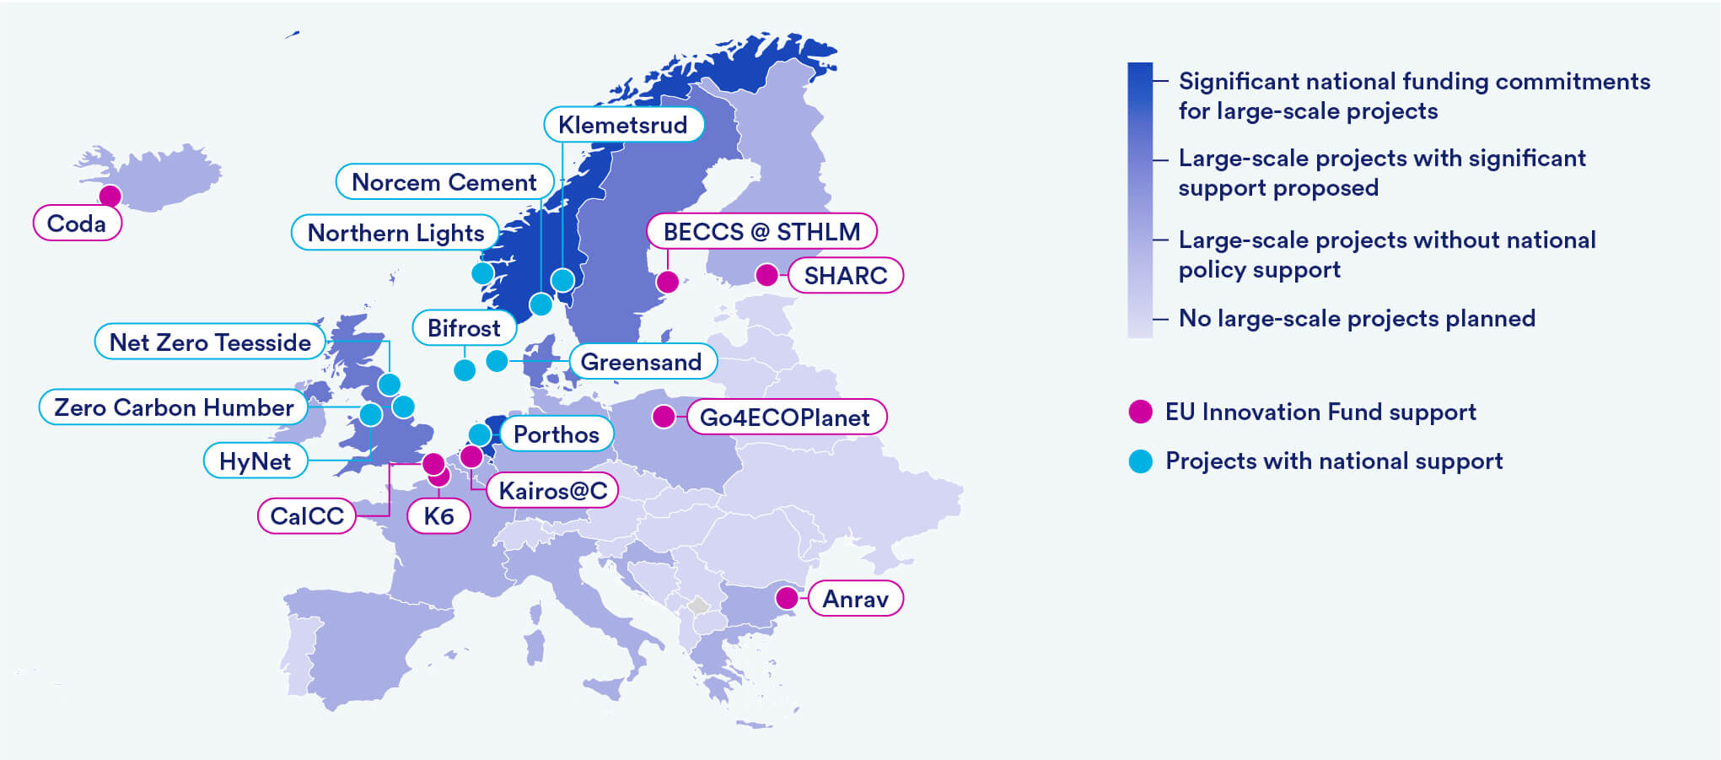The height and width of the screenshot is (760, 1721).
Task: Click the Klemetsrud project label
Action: click(623, 125)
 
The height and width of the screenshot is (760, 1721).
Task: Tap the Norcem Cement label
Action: click(444, 182)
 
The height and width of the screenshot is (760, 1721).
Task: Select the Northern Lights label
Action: click(395, 233)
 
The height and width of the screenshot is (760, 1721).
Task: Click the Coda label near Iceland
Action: click(77, 224)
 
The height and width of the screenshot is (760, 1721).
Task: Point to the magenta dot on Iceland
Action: click(110, 196)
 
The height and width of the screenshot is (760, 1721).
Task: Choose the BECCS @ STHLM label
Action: click(761, 231)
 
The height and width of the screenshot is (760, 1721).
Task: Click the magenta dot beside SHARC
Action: click(766, 275)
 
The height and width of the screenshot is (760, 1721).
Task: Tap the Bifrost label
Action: click(464, 328)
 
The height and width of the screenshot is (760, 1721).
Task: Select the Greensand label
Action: click(642, 362)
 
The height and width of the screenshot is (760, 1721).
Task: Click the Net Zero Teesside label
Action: click(210, 342)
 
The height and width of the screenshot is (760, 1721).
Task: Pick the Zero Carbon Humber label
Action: click(174, 407)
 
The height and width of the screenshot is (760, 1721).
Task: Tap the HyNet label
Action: click(255, 461)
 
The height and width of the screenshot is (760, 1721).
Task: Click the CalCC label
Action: click(307, 515)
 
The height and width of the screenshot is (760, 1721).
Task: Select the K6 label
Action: click(438, 516)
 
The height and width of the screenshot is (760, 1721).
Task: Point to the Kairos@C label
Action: click(552, 490)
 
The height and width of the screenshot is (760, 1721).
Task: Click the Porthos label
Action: click(557, 434)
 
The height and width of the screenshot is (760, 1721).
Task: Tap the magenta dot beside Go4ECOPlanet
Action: click(664, 416)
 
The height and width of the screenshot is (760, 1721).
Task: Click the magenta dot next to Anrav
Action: click(787, 598)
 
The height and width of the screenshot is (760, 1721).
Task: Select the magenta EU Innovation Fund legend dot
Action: click(1141, 412)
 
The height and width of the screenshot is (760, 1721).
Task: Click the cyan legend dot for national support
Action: click(1141, 461)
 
